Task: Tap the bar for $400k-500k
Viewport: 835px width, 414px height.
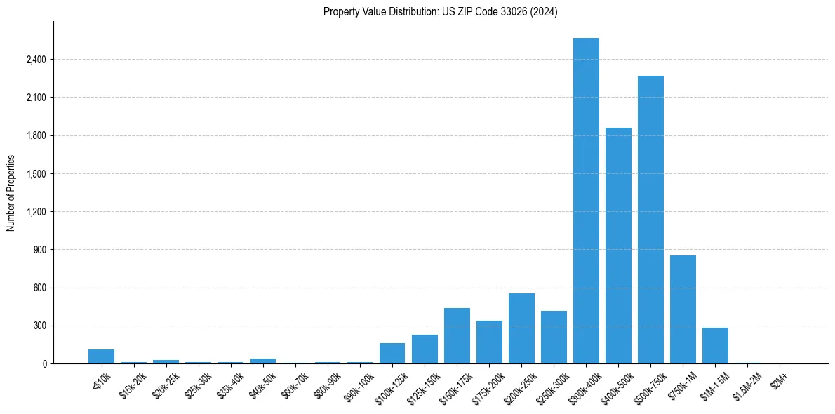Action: pos(618,246)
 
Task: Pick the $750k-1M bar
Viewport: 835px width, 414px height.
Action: pos(683,309)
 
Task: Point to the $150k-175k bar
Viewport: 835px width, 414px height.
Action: pos(457,336)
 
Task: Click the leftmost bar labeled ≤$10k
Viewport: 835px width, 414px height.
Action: pos(101,356)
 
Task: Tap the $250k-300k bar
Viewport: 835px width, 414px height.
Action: pos(554,338)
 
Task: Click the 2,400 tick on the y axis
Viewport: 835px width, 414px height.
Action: pos(36,60)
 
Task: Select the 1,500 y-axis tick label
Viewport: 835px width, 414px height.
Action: pos(36,174)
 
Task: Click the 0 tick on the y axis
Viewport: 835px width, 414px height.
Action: pos(44,364)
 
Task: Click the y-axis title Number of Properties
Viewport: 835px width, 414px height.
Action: pos(11,192)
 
